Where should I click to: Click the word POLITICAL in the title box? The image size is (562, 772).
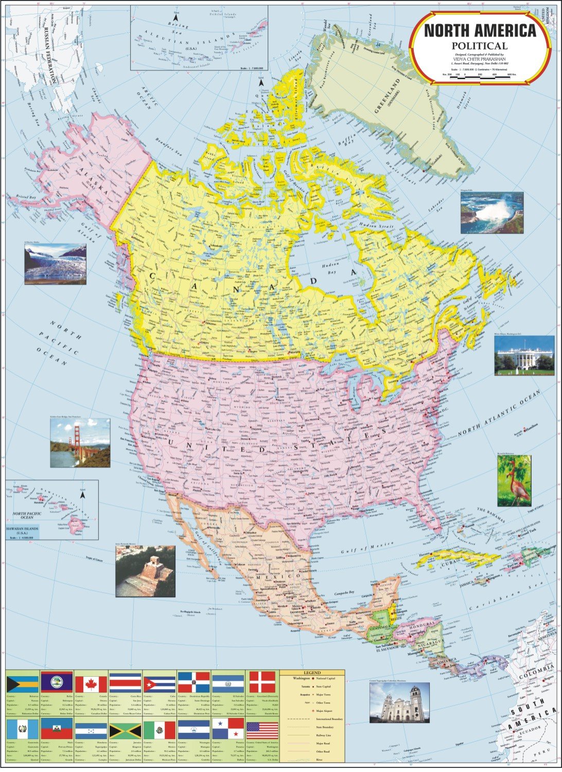(480, 46)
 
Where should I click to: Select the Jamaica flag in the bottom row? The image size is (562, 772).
(125, 730)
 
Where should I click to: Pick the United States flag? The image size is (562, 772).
(262, 730)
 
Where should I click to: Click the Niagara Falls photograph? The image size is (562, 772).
(491, 213)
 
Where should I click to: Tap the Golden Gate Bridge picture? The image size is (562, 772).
(80, 442)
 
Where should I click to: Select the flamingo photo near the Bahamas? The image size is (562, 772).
(514, 480)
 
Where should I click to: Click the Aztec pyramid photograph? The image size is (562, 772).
(145, 571)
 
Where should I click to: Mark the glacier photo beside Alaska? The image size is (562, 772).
(55, 264)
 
